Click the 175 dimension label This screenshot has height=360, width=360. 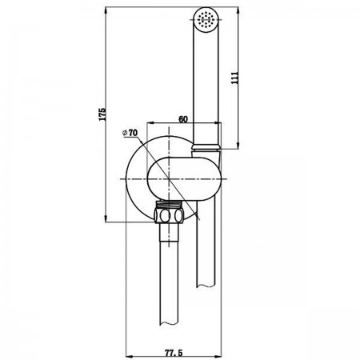tap(102, 114)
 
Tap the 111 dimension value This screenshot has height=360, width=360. tap(234, 78)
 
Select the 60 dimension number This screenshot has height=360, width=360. tap(183, 119)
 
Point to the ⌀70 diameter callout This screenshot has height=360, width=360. tap(130, 133)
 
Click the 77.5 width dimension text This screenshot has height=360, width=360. tap(174, 353)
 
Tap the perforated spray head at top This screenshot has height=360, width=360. tap(206, 18)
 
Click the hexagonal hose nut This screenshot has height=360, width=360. tap(169, 215)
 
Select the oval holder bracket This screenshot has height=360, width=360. tap(184, 178)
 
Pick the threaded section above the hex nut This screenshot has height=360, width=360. tap(169, 205)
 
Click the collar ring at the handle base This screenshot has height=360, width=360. tap(206, 147)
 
